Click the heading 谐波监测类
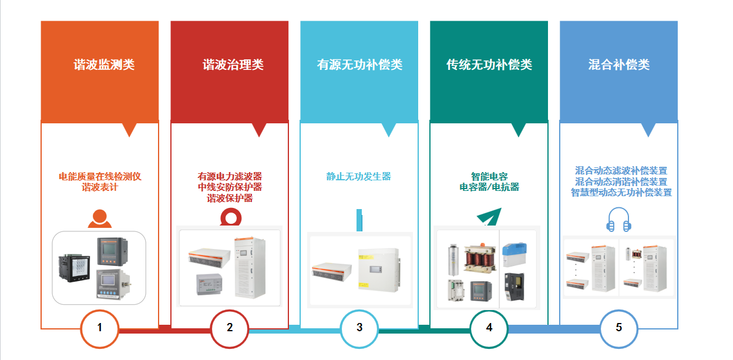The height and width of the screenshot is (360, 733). tap(104, 65)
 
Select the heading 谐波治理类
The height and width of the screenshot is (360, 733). tap(233, 65)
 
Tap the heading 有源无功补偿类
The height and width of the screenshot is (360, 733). tap(359, 65)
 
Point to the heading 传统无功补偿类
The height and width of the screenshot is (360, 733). tap(489, 65)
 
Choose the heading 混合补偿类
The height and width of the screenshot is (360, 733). tap(619, 65)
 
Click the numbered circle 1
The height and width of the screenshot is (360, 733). tap(100, 328)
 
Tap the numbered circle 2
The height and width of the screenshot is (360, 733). tap(230, 328)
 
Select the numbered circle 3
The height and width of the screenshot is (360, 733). tap(359, 328)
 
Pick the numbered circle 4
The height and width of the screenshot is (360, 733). tap(489, 328)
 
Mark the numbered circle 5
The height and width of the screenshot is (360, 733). tap(619, 328)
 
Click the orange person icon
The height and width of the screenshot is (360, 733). tap(99, 219)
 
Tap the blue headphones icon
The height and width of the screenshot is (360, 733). tap(618, 220)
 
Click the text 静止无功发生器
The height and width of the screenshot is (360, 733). tap(359, 176)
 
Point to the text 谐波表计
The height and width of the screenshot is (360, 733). tap(100, 187)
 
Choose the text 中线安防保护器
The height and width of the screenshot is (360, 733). tap(230, 187)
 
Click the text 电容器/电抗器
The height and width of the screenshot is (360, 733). tap(489, 187)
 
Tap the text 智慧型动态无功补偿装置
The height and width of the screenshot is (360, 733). tap(621, 193)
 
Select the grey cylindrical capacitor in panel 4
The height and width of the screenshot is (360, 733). tap(453, 259)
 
